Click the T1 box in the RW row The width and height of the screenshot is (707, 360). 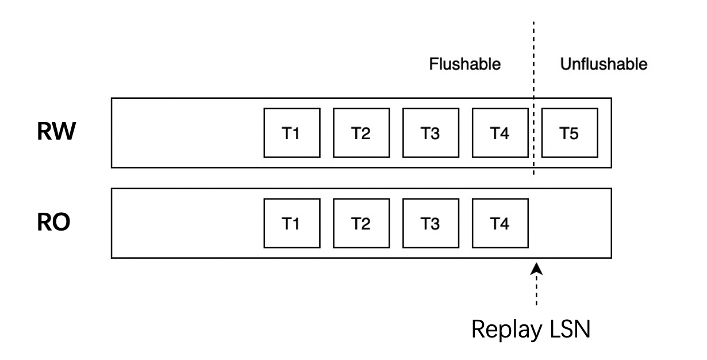coord(291,133)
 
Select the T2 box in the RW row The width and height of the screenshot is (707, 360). coord(360,133)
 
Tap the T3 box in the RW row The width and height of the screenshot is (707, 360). coord(430,133)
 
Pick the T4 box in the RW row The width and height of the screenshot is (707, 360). coord(499,133)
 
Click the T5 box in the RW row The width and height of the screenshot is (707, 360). coord(569,133)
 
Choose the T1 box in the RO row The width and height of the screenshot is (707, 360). coord(291,224)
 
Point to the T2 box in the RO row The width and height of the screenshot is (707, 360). coord(360,224)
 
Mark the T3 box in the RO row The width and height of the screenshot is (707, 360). coord(430,224)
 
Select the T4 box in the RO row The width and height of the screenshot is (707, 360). coord(499,224)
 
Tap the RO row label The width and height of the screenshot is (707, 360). coord(53,224)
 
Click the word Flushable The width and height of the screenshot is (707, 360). coord(465,64)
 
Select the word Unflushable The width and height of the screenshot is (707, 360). coord(604,64)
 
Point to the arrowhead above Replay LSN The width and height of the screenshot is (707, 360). coord(536,268)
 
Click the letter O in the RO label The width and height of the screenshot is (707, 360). coord(62,224)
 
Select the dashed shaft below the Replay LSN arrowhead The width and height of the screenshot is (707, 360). coord(536,290)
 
